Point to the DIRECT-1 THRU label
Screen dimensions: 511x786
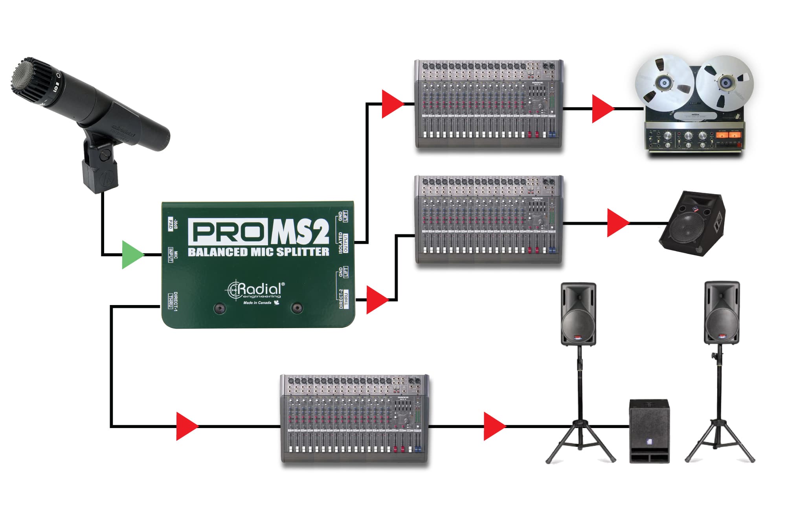coord(173,300)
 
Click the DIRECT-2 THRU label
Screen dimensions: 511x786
coord(343,299)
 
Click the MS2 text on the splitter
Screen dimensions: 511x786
coord(300,232)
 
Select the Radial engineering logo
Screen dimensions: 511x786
coord(255,291)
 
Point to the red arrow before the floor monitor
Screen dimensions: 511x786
coord(617,223)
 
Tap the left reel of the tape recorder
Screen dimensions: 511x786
coord(665,83)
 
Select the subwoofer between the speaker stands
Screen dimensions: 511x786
coord(649,431)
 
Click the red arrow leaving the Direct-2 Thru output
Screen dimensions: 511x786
coord(376,300)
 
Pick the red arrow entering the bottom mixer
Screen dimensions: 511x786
coord(186,426)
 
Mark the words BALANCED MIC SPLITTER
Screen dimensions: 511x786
coord(258,252)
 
